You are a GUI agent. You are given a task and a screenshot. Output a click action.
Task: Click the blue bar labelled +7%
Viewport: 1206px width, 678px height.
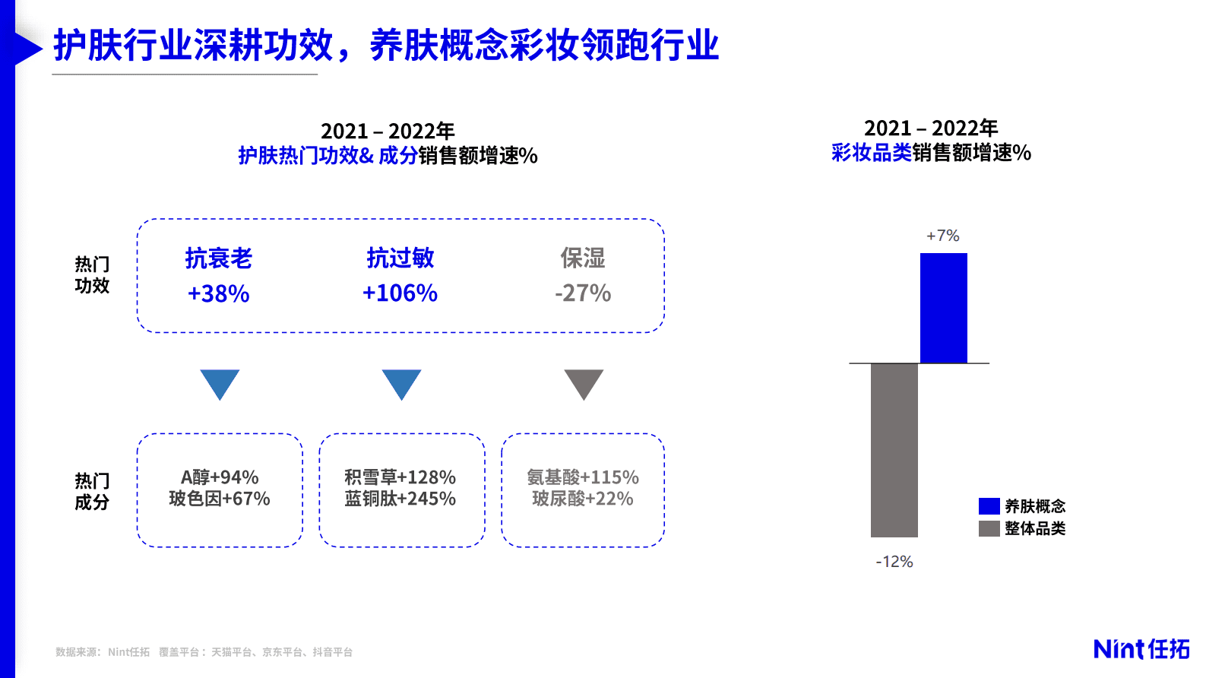pyautogui.click(x=943, y=308)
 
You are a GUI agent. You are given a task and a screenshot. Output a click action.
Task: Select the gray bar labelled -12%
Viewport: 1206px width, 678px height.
pyautogui.click(x=894, y=450)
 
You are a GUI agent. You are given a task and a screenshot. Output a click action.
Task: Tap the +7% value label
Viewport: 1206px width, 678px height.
pyautogui.click(x=943, y=236)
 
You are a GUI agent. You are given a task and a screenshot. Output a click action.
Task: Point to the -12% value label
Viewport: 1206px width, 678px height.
pyautogui.click(x=894, y=562)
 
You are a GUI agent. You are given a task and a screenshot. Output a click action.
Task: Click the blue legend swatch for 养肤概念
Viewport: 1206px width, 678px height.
pyautogui.click(x=989, y=506)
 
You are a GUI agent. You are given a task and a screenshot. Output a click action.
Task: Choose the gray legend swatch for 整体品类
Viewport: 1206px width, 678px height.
pyautogui.click(x=989, y=528)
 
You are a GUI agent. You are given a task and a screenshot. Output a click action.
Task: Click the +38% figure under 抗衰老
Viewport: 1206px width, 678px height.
pyautogui.click(x=219, y=293)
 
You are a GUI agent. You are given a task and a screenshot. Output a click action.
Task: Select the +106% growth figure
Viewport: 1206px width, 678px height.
pyautogui.click(x=400, y=293)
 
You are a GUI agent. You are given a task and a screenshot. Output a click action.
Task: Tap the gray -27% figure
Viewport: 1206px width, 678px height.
pyautogui.click(x=583, y=293)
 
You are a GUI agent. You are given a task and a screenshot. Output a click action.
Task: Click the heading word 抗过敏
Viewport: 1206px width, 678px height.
pyautogui.click(x=400, y=258)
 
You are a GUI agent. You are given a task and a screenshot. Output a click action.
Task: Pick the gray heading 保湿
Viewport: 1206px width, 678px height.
pyautogui.click(x=583, y=258)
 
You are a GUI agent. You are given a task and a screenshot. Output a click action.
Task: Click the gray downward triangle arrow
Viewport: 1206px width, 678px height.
pyautogui.click(x=584, y=382)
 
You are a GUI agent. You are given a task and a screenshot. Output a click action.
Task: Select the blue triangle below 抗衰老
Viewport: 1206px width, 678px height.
pyautogui.click(x=220, y=382)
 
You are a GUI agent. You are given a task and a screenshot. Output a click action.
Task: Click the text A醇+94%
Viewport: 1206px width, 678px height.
pyautogui.click(x=220, y=477)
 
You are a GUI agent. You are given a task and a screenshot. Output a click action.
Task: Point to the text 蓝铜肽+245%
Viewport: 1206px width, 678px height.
pyautogui.click(x=400, y=499)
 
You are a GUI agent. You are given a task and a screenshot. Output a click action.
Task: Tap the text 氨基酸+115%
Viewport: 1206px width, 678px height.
pyautogui.click(x=583, y=477)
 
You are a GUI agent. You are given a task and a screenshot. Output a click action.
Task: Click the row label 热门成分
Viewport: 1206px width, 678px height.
pyautogui.click(x=92, y=491)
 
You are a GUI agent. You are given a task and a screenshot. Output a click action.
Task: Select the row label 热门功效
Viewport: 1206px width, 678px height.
pyautogui.click(x=92, y=274)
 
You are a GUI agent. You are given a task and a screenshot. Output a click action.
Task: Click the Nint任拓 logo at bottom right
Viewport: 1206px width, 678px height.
pyautogui.click(x=1141, y=648)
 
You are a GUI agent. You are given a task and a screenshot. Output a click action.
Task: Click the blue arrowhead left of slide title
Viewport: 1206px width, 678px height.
pyautogui.click(x=27, y=49)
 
